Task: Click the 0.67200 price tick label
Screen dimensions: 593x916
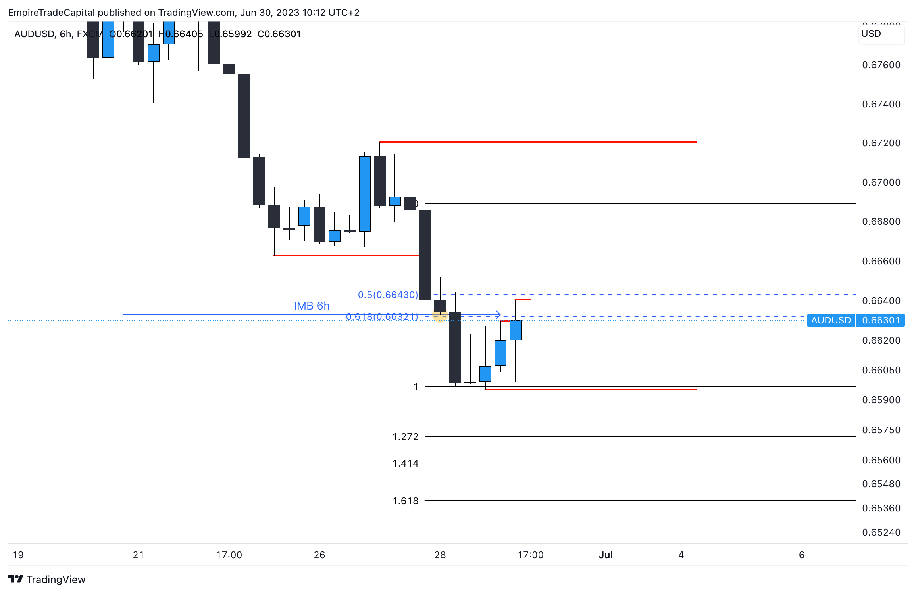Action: [x=881, y=143]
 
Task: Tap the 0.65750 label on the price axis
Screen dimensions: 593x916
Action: [x=881, y=430]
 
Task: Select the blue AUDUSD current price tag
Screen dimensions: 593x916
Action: [x=831, y=320]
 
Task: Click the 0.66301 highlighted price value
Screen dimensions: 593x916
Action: [x=881, y=320]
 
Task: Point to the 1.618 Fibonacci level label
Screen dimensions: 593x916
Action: [x=405, y=501]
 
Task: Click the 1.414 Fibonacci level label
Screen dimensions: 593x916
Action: [x=405, y=463]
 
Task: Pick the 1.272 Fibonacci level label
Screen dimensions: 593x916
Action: [x=405, y=437]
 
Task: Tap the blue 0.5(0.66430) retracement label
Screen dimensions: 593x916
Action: [x=388, y=295]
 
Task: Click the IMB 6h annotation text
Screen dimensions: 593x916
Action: [x=312, y=306]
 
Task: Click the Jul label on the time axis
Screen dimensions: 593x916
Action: [x=606, y=555]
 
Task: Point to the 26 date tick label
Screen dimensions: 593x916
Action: [x=319, y=555]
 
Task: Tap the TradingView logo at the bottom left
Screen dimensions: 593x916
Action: [x=47, y=580]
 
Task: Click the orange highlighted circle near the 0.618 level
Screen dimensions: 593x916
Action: [x=440, y=316]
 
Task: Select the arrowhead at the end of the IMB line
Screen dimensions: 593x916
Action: [x=498, y=315]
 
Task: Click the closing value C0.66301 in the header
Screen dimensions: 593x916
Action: [x=279, y=34]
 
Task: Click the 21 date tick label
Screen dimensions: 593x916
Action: [x=139, y=555]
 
